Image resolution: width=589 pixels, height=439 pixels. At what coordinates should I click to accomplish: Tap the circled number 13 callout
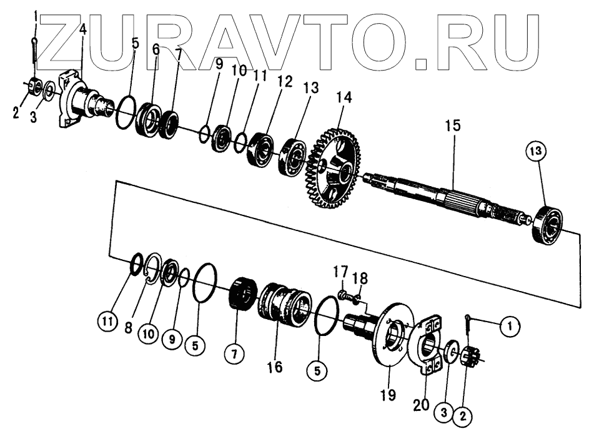click(538, 150)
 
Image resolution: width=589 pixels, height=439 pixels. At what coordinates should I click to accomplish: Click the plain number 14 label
click(344, 97)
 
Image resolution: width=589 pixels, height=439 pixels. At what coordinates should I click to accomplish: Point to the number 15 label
click(453, 126)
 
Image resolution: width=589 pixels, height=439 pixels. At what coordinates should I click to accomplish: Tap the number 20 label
click(421, 404)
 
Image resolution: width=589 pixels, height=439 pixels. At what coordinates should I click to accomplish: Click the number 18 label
click(360, 277)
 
